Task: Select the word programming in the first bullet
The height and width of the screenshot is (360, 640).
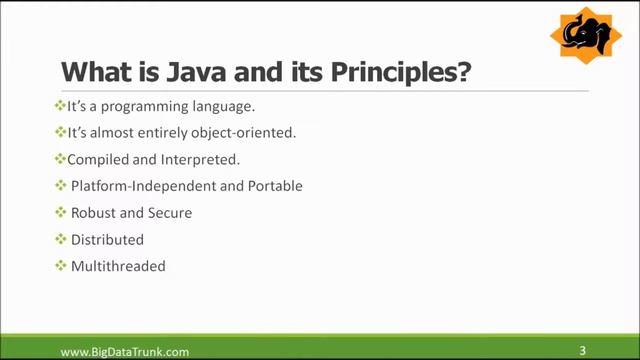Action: (x=135, y=106)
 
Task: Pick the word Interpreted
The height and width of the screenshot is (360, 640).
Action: (x=205, y=159)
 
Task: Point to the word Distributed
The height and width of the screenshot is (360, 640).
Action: (x=107, y=240)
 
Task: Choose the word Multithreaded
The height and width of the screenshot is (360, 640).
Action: (x=118, y=267)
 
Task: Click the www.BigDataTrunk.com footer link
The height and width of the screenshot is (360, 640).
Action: (x=125, y=351)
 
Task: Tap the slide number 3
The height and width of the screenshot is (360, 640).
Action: (x=583, y=350)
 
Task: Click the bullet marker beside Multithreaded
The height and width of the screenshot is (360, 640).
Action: (x=60, y=266)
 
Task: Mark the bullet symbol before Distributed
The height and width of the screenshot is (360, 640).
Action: (x=60, y=239)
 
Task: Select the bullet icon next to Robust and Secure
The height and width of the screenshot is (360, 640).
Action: (x=60, y=212)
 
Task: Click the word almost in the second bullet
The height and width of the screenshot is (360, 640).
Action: (x=112, y=132)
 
